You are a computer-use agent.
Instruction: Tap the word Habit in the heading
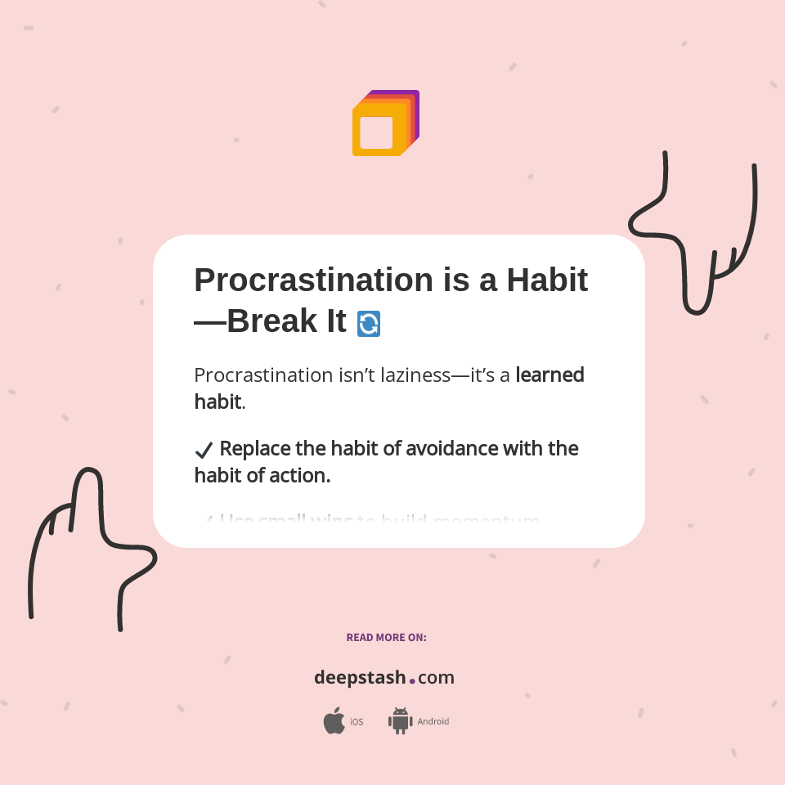(546, 280)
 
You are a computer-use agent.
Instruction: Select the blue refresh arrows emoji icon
(369, 324)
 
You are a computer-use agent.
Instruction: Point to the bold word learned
(549, 375)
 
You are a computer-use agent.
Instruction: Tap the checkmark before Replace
(204, 450)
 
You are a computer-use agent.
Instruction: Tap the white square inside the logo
(376, 132)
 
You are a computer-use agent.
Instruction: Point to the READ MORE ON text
(386, 637)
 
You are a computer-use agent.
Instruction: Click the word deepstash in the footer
(360, 677)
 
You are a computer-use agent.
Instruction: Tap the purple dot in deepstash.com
(412, 680)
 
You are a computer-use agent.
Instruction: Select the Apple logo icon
(334, 721)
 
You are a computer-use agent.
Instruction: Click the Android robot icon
(400, 720)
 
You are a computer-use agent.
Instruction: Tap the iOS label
(357, 722)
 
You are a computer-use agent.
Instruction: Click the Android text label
(433, 721)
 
